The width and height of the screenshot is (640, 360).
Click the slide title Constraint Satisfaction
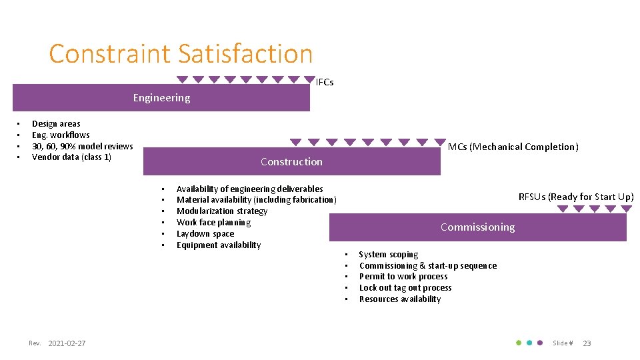tap(181, 53)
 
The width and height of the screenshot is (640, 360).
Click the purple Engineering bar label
tap(161, 98)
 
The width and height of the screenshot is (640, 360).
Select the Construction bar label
tap(291, 162)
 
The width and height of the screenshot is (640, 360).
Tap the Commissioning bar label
tap(477, 227)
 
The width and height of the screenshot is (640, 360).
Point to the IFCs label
tap(325, 83)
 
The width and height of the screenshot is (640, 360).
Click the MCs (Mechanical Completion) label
tap(513, 147)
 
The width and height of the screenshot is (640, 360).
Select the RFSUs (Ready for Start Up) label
tap(576, 197)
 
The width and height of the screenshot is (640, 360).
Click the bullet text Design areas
tap(56, 123)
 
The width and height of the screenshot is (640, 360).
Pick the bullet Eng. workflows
tap(61, 135)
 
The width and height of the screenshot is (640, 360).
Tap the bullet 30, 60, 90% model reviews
tap(82, 146)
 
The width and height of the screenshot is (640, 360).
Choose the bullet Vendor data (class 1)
tap(71, 157)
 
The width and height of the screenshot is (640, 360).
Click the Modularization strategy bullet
tap(222, 211)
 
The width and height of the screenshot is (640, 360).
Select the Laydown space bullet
tap(205, 234)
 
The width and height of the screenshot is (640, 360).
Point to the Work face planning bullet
tap(213, 223)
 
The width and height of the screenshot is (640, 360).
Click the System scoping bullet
tap(389, 255)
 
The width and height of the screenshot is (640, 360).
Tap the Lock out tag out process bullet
tap(405, 288)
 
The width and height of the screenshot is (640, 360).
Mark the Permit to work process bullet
tap(403, 277)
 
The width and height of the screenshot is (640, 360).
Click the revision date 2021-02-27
tap(67, 343)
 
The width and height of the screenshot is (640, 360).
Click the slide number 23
tap(587, 343)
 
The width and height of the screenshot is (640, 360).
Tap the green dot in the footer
tap(519, 343)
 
